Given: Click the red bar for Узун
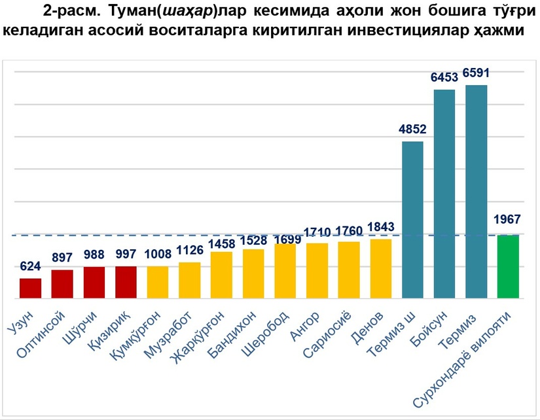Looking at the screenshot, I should [x=30, y=289].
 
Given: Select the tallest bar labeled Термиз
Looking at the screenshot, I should [x=476, y=192].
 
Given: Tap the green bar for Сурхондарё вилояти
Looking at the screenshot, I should [x=508, y=266].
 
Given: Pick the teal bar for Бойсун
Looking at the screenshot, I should [x=444, y=194].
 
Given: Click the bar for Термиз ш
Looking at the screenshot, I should [x=412, y=220].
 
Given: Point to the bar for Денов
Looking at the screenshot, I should [x=381, y=269].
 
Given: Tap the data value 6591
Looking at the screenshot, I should [x=476, y=73].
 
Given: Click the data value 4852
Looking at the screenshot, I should [x=412, y=129].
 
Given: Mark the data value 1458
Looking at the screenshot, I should [x=222, y=244].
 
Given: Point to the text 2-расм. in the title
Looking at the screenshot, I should [x=68, y=11].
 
